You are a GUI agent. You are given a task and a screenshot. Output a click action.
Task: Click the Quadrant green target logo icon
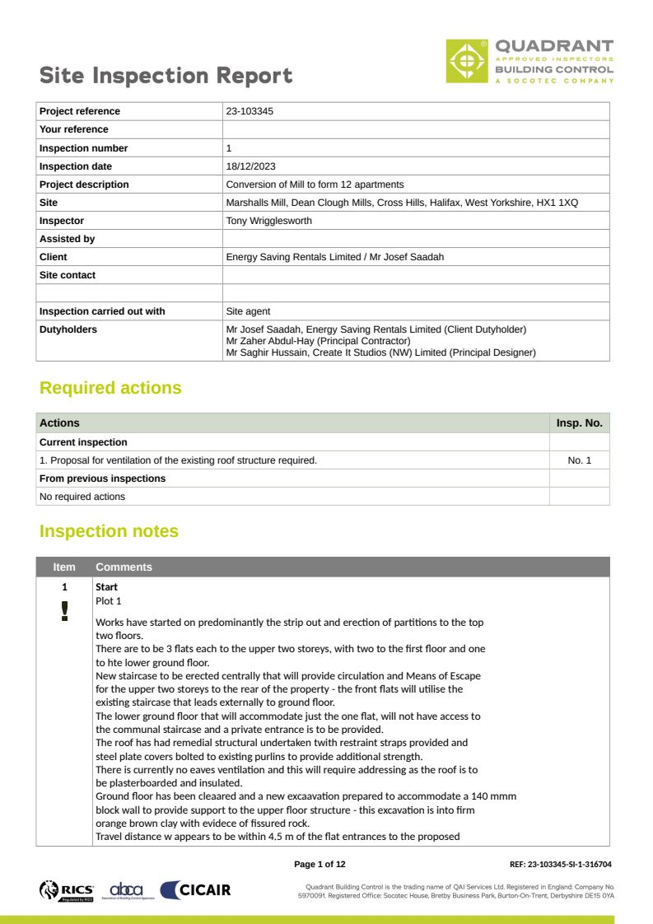point(467,61)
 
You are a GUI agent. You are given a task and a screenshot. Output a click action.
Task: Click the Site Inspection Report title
point(166,76)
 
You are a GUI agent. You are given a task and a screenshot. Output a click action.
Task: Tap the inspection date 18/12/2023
point(250,166)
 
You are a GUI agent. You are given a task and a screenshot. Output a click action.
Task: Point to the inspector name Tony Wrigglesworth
point(268,221)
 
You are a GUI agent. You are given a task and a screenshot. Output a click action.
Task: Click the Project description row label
point(84,184)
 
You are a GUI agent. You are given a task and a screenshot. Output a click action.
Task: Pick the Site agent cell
point(248,311)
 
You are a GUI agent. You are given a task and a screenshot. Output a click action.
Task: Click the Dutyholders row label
point(68,329)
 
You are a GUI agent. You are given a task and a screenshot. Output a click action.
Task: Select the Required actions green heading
point(110,388)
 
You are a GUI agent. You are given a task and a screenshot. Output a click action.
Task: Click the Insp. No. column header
point(579,423)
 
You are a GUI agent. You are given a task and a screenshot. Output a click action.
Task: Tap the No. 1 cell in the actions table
point(579,460)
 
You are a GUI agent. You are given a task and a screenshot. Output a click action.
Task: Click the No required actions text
point(82,497)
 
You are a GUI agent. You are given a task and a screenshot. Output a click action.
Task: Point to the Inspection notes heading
point(109,531)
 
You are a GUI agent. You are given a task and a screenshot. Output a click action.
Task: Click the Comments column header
point(124,567)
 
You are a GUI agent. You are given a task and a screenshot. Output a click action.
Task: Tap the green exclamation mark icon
point(64,610)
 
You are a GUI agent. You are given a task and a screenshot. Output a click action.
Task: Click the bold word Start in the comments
point(107,587)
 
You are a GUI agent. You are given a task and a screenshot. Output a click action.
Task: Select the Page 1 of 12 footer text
point(320,864)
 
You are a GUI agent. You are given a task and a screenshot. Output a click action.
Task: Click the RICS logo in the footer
point(67,889)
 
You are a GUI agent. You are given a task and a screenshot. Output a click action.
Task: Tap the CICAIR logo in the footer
point(195,889)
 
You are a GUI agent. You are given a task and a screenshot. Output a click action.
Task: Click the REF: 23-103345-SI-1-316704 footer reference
point(560,864)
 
